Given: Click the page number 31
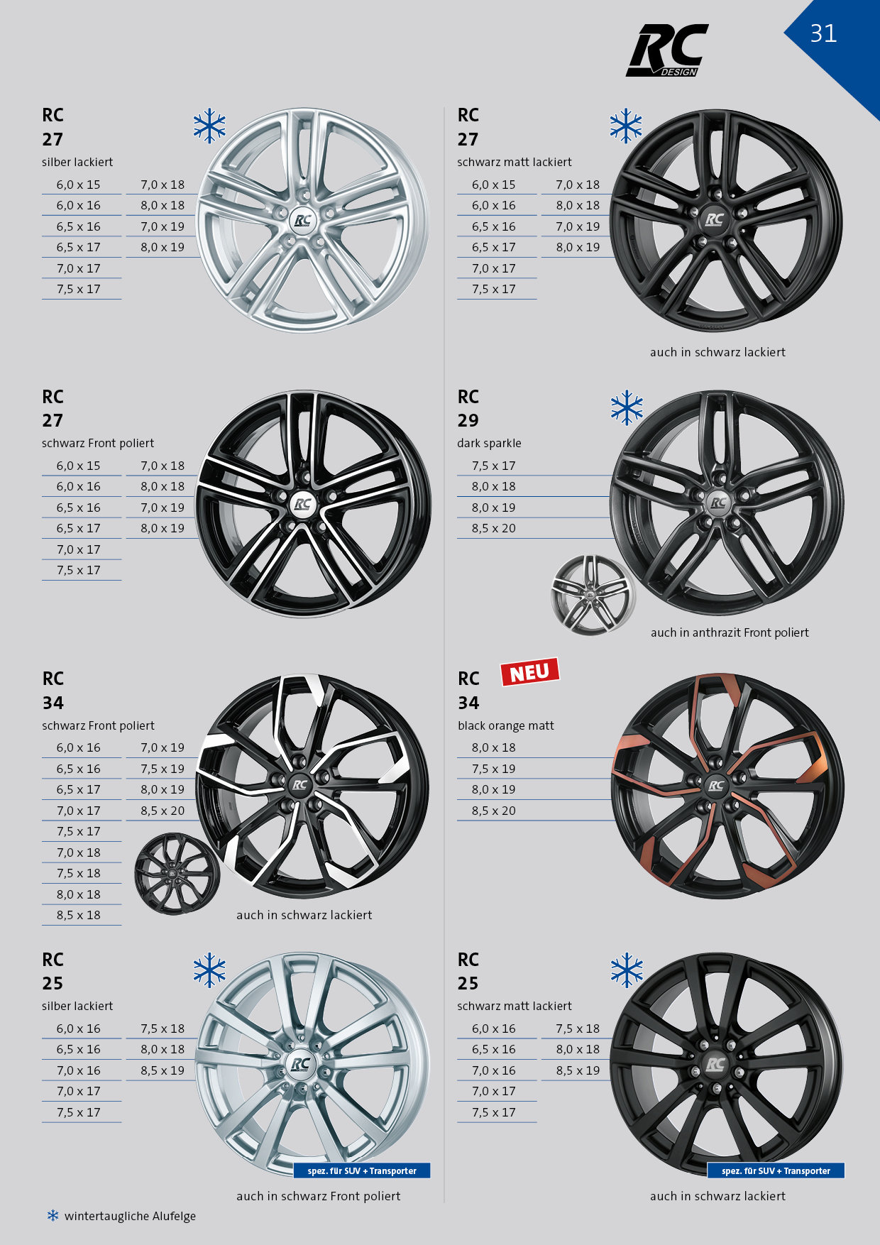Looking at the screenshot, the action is (823, 33).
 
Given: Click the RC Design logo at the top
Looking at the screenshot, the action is (667, 50).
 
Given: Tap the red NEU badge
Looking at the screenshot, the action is (530, 671).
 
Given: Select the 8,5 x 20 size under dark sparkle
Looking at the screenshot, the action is (494, 528).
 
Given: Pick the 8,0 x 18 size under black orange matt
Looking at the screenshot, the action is (494, 747).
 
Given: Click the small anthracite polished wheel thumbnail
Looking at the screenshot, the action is (593, 595).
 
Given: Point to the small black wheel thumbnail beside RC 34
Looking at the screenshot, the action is (176, 873).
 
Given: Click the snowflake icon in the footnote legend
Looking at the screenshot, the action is (53, 1216).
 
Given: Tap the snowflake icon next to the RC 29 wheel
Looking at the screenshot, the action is (627, 408).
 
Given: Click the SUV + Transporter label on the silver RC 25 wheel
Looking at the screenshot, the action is (362, 1170).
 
